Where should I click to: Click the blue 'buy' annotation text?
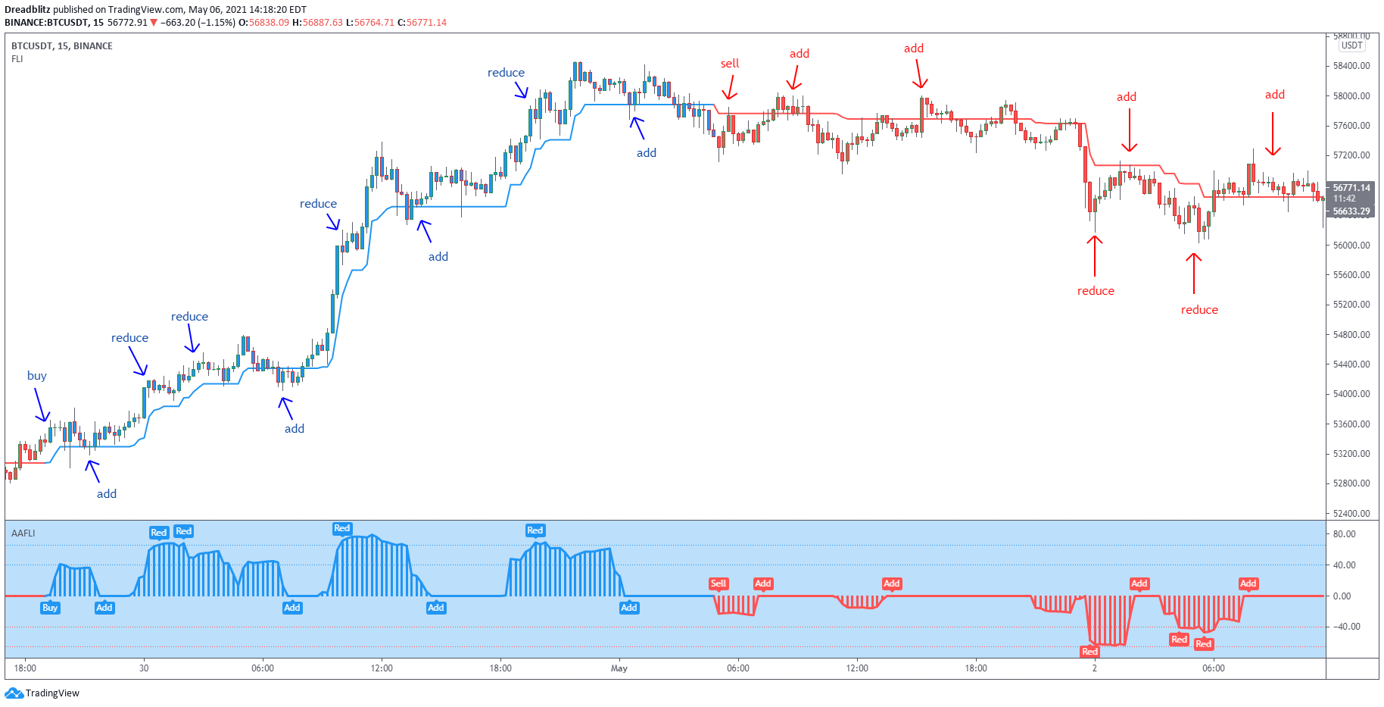[x=36, y=376]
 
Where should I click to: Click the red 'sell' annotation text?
[x=729, y=64]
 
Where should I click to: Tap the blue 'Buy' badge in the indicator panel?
[x=50, y=608]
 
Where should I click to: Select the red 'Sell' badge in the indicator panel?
[x=718, y=583]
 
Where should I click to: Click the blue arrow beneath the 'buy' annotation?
[x=41, y=405]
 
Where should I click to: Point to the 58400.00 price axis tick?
[x=1351, y=66]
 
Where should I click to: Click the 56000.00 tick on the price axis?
[x=1351, y=246]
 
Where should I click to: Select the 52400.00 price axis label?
[x=1351, y=514]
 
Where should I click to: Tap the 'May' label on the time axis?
[x=619, y=668]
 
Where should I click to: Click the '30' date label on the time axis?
[x=144, y=668]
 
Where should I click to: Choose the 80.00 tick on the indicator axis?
[x=1344, y=534]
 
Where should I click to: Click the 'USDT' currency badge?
[x=1351, y=45]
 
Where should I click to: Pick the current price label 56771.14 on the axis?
[x=1351, y=188]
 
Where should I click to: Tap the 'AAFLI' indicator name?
[x=23, y=533]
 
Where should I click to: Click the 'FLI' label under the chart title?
[x=17, y=59]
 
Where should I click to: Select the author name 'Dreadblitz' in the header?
[x=27, y=10]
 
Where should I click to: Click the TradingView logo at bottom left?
[x=42, y=693]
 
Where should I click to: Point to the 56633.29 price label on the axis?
[x=1351, y=211]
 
